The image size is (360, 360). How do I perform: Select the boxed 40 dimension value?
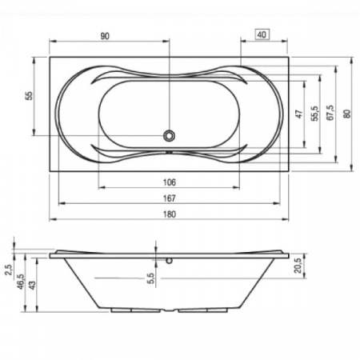pos(262,35)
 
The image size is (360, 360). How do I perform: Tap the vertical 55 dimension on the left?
pos(30,96)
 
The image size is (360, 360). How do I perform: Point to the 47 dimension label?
pos(298,114)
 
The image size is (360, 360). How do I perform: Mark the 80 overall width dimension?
pos(346,114)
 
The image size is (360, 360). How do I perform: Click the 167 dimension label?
pos(169,198)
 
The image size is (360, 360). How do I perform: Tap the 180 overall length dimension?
pos(169,214)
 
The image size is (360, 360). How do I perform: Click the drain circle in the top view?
pos(169,135)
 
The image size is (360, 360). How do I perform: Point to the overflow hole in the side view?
pos(169,260)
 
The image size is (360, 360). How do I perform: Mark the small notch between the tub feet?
pos(169,310)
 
